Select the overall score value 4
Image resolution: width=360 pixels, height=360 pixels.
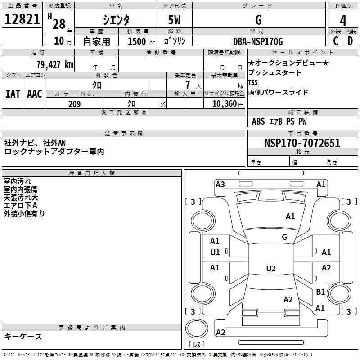point(343,21)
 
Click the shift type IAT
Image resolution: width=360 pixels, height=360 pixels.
point(13,94)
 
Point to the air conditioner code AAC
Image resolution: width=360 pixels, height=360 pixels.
point(35,94)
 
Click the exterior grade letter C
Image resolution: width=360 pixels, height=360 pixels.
point(336,41)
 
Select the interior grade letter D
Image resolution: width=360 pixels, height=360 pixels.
point(351,41)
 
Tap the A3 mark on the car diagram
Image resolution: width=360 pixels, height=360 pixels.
point(220,184)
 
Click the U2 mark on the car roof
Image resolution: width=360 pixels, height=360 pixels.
point(270,269)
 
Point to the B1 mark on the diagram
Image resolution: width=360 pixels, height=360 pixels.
point(320,292)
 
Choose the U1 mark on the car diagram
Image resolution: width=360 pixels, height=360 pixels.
point(215,252)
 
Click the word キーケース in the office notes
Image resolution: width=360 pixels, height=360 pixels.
point(23,336)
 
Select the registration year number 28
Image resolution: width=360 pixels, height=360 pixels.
point(59,22)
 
